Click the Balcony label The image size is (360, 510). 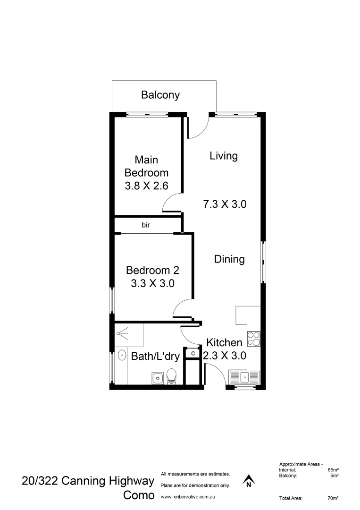click(160, 95)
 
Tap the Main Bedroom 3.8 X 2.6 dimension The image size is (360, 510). click(146, 186)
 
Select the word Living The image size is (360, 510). click(223, 156)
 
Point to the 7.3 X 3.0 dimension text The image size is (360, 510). click(225, 204)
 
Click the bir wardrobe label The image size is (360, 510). click(146, 225)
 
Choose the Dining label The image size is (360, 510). click(229, 259)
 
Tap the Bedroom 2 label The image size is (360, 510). click(152, 271)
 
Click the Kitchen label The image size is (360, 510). click(224, 343)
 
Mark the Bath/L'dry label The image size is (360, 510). click(155, 357)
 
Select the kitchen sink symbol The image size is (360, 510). click(244, 377)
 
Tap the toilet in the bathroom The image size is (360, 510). click(171, 376)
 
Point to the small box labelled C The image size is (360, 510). click(193, 353)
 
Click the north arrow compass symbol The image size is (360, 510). click(248, 481)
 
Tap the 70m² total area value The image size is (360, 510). click(333, 498)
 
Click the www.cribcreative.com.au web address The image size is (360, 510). click(188, 497)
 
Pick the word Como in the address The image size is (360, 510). click(139, 495)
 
